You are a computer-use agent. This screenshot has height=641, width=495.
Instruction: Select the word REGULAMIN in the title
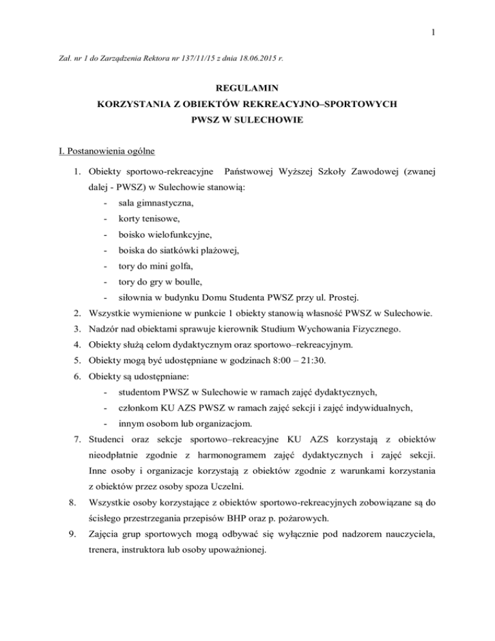[247, 87]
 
